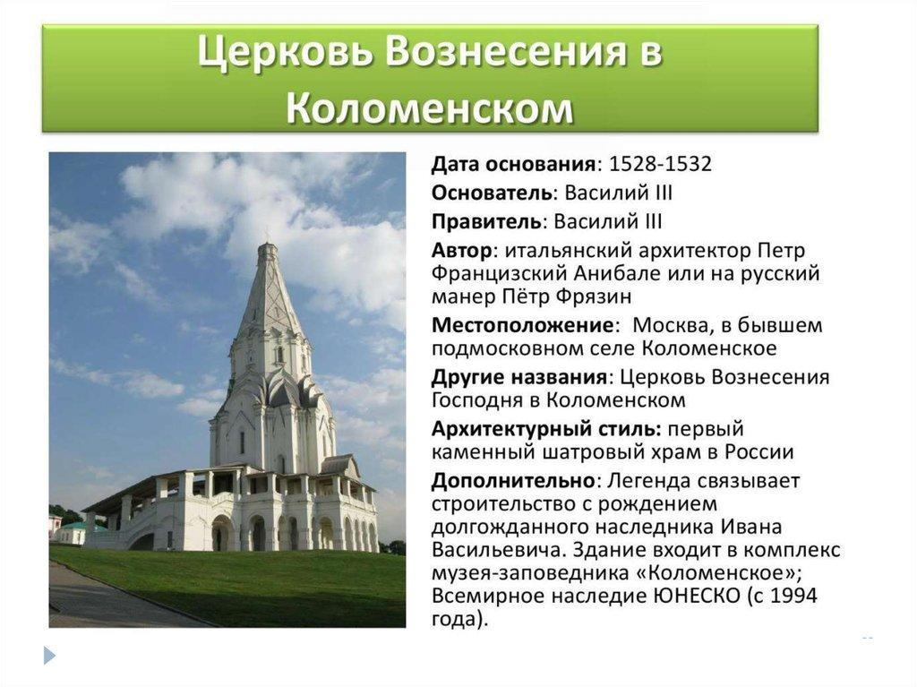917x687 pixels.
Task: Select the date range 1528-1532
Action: click(660, 164)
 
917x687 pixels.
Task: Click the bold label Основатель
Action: click(492, 193)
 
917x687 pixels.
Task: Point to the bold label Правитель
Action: click(486, 222)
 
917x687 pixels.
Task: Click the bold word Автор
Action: click(462, 251)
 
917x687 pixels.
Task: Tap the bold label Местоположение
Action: click(523, 325)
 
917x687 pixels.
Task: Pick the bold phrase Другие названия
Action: click(519, 377)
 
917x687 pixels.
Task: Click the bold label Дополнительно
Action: click(513, 481)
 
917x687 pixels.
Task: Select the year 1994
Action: click(793, 597)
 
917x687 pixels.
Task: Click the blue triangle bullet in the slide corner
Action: click(50, 655)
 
